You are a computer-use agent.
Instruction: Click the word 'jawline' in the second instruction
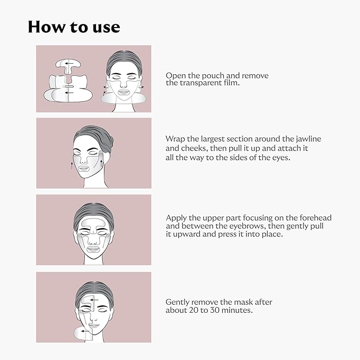click(307, 139)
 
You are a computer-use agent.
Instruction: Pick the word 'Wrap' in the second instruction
click(175, 139)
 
